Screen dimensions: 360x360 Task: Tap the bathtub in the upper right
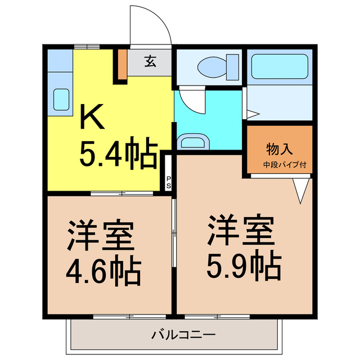[280, 67]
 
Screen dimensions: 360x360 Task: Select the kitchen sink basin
[61, 99]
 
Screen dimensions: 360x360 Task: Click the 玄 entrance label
[150, 61]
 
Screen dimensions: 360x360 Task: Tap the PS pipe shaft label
[168, 183]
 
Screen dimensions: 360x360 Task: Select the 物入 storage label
[280, 150]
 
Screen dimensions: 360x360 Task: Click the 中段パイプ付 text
[280, 165]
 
